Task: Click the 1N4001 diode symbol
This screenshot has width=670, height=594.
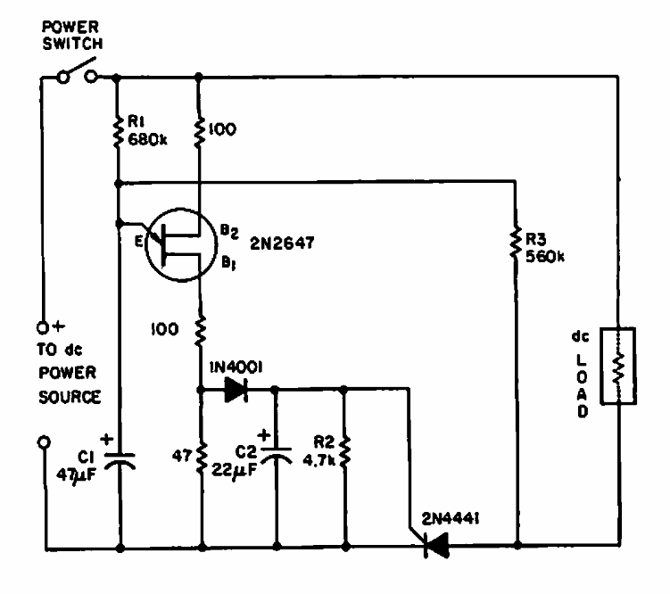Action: [x=236, y=389]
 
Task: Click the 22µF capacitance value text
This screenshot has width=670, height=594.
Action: [x=235, y=470]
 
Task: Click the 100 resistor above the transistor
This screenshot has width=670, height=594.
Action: [x=200, y=129]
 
